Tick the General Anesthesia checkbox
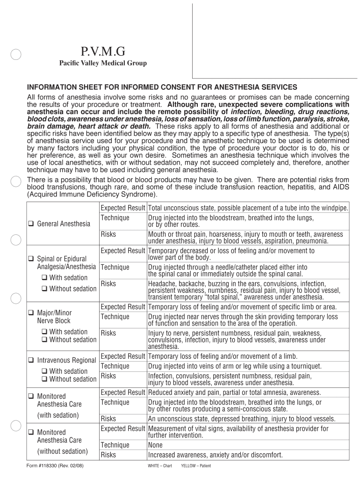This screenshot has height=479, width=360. (x=30, y=224)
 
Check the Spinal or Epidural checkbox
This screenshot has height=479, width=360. (x=30, y=258)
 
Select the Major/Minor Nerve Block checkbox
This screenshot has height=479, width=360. (x=30, y=312)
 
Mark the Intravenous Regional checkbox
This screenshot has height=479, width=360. (x=30, y=361)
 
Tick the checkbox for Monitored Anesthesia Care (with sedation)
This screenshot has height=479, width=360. (x=30, y=396)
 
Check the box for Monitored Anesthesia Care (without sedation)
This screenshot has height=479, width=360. (x=30, y=432)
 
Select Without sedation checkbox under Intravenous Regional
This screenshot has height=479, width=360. (x=43, y=379)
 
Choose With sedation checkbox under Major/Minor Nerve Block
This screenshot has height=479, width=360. (x=43, y=332)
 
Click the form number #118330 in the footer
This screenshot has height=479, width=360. (x=56, y=466)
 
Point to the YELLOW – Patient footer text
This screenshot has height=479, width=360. (x=195, y=466)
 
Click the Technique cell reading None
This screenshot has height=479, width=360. (x=155, y=445)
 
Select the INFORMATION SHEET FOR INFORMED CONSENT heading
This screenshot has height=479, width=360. (x=162, y=87)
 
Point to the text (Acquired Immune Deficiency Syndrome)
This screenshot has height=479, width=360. (x=92, y=194)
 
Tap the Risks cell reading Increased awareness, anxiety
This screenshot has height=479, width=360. (x=215, y=455)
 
